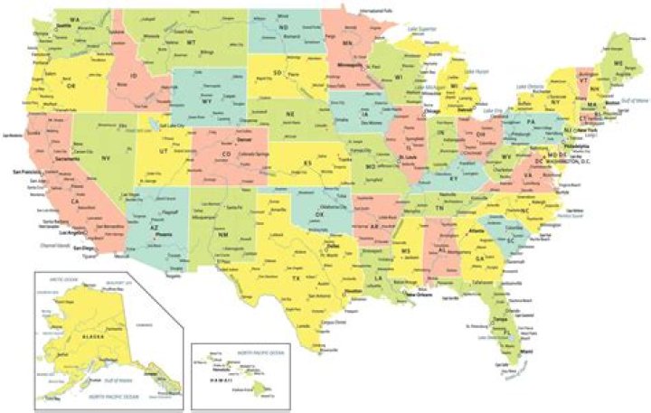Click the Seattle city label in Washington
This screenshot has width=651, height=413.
40,25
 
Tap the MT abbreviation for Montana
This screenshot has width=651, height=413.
192,42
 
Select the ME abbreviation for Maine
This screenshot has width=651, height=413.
618,63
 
